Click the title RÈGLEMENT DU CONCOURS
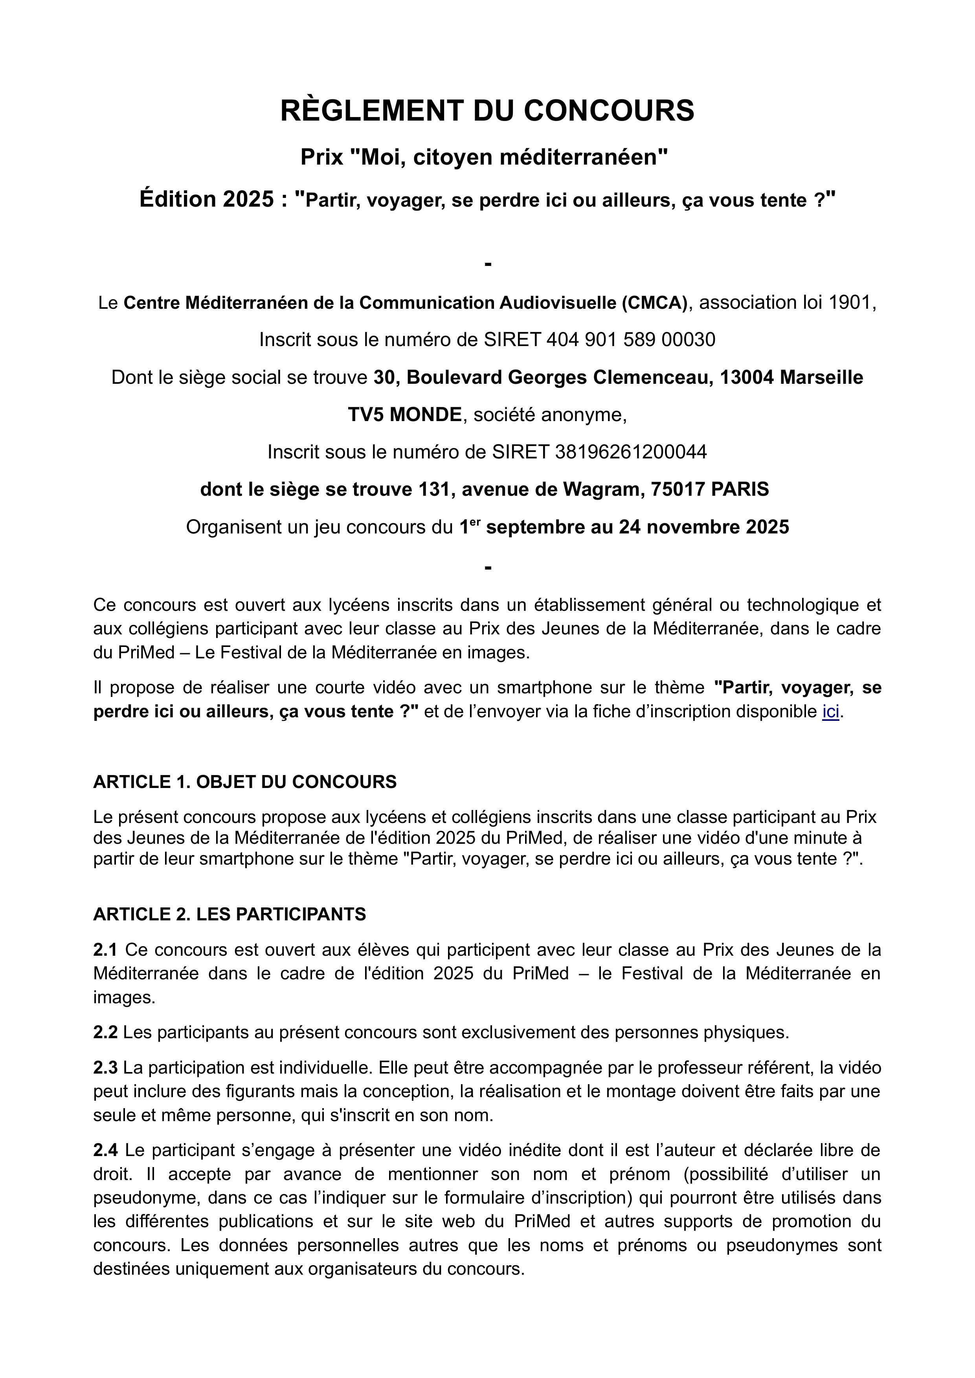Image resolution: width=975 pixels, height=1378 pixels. click(x=487, y=110)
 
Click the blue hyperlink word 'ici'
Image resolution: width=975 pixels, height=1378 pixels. click(x=830, y=712)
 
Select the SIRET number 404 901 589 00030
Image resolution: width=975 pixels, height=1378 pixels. click(x=630, y=340)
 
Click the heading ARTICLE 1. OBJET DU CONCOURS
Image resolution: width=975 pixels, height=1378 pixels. click(x=245, y=782)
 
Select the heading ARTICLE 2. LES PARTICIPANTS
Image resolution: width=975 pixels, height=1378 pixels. click(x=230, y=914)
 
